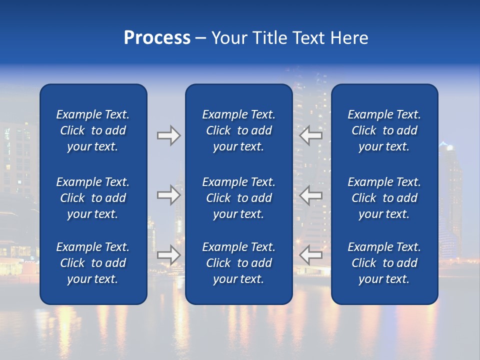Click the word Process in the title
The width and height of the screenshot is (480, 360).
(x=157, y=38)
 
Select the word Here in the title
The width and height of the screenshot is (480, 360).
(x=348, y=38)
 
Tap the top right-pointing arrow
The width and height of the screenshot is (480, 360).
(x=168, y=135)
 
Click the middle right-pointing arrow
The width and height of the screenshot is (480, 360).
(x=168, y=194)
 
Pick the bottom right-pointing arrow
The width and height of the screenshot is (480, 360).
(x=168, y=254)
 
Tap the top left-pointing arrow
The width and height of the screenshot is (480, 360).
(x=310, y=135)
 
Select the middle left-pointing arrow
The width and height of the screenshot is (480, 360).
(x=310, y=194)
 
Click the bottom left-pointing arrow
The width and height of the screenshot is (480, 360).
(x=310, y=254)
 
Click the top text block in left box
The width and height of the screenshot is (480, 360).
(x=93, y=130)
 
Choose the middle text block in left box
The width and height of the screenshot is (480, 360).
(x=93, y=198)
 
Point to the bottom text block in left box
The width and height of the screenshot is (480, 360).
(x=93, y=263)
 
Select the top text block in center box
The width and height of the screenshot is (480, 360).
(x=239, y=130)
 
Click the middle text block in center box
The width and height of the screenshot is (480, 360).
(x=239, y=198)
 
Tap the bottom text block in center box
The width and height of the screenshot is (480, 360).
(x=239, y=263)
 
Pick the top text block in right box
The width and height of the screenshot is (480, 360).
(x=384, y=130)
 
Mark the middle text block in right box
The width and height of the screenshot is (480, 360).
(x=384, y=198)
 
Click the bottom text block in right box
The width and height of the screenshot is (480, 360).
(x=384, y=263)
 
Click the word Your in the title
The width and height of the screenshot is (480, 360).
(x=228, y=38)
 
